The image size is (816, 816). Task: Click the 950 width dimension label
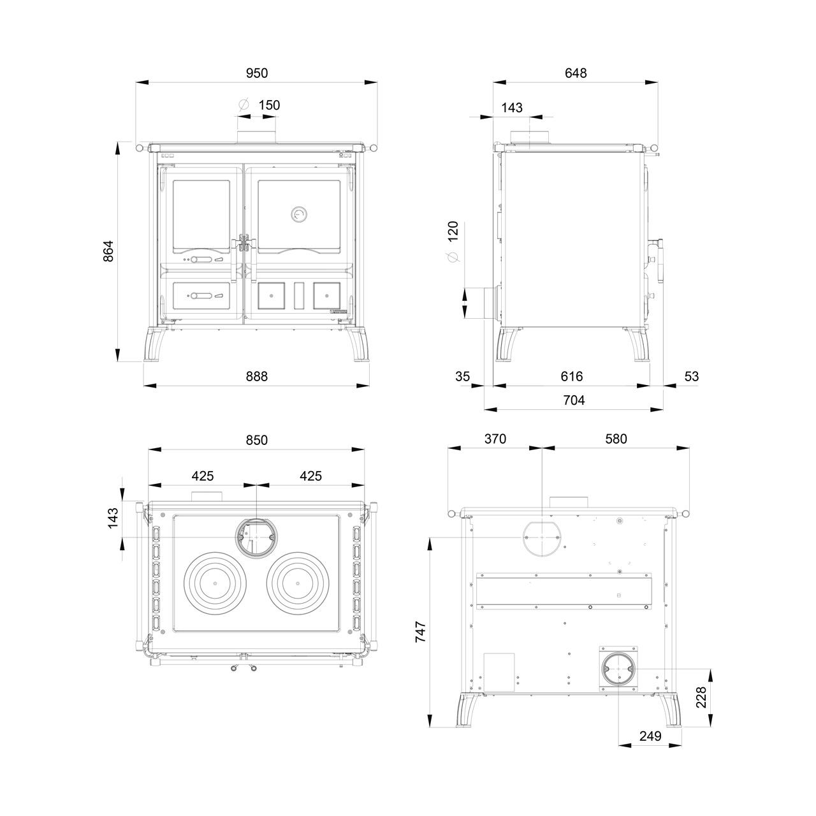click(257, 73)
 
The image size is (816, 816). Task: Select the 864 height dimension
click(109, 251)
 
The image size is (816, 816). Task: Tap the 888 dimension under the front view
click(257, 376)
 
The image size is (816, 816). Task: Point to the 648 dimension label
click(576, 73)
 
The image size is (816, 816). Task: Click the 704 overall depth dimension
click(574, 400)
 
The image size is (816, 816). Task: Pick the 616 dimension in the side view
click(572, 376)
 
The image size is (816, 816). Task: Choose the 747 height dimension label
click(421, 632)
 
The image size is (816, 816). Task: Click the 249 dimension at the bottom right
click(650, 736)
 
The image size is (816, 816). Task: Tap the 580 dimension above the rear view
click(616, 439)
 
